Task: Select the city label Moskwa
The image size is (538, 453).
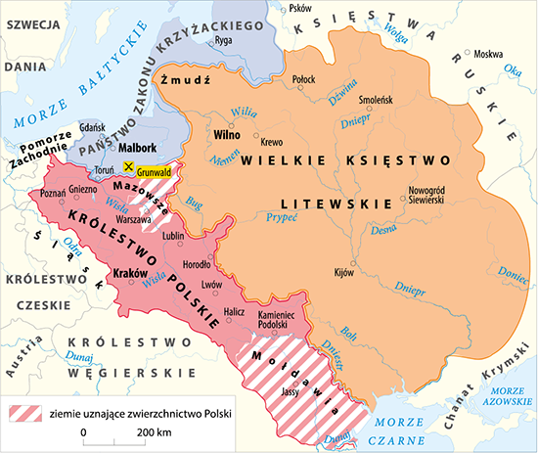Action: pyautogui.click(x=488, y=54)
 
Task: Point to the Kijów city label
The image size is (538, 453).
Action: pyautogui.click(x=343, y=271)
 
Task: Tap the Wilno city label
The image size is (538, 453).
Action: pyautogui.click(x=227, y=133)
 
